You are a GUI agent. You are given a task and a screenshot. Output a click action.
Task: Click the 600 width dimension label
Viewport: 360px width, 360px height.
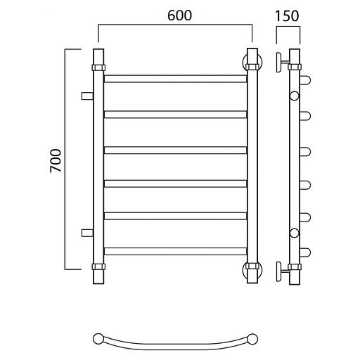click(180, 15)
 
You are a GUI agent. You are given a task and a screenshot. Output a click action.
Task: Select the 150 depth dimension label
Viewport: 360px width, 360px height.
click(287, 16)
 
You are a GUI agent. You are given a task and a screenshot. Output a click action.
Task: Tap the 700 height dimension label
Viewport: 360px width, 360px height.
click(56, 161)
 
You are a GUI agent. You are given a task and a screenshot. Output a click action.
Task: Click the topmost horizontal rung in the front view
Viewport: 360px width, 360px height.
click(175, 79)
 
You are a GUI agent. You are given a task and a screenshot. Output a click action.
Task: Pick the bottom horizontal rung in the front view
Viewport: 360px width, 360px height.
click(175, 251)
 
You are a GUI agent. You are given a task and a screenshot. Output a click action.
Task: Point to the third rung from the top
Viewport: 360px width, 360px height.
click(175, 150)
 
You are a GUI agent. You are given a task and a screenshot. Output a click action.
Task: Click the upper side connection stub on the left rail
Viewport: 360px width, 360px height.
click(87, 96)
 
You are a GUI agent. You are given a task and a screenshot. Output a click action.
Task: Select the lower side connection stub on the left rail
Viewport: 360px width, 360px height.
click(87, 233)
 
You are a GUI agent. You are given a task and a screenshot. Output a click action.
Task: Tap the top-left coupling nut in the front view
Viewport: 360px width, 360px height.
click(98, 67)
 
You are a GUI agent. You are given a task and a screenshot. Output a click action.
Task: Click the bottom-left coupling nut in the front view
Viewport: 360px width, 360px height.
click(98, 266)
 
